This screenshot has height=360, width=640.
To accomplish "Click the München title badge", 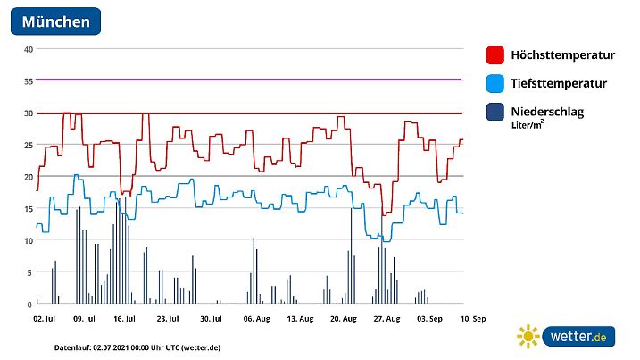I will click(55, 21).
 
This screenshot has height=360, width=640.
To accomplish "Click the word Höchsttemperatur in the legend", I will click(562, 54).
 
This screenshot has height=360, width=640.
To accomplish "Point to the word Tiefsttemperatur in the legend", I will click(559, 83).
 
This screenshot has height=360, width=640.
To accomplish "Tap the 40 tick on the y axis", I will click(28, 49).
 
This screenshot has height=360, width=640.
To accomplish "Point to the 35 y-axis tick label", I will click(28, 81).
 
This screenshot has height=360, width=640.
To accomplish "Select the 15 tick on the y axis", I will click(28, 209).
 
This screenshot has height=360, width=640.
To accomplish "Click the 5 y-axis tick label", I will click(29, 272).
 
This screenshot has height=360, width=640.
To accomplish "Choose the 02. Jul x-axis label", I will click(45, 318).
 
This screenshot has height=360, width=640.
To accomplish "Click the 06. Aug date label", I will click(256, 318).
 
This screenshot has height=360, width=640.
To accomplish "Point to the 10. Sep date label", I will click(472, 318).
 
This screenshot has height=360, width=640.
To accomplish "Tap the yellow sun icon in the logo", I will click(528, 337).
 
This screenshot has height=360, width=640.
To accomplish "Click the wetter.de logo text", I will click(578, 337).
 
